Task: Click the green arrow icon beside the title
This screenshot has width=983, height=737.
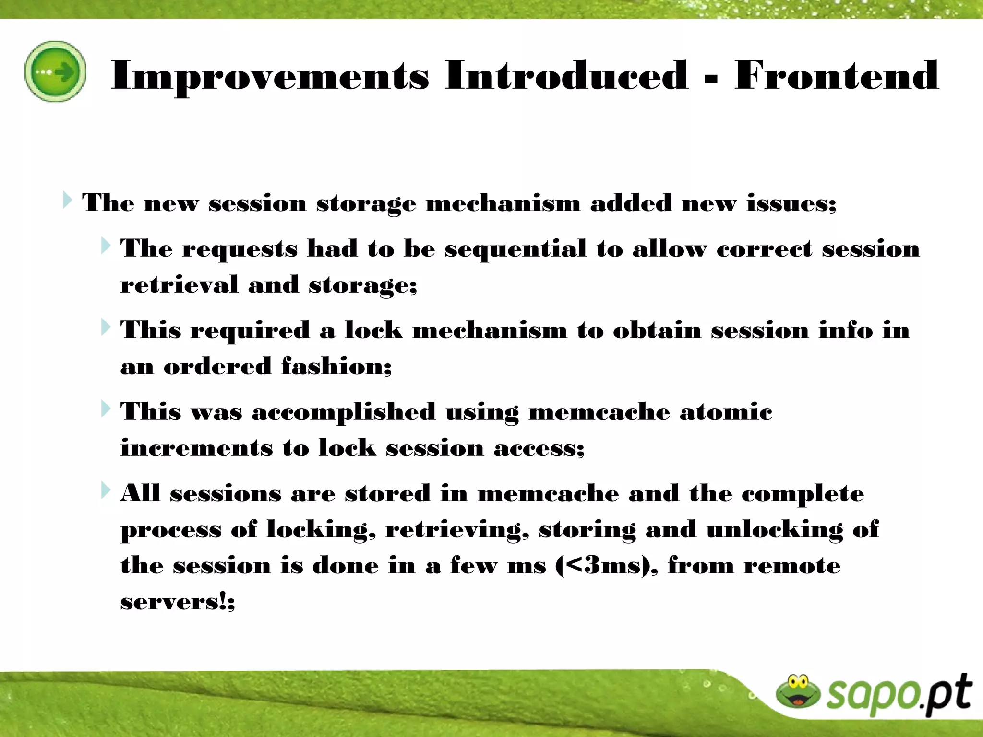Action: (56, 71)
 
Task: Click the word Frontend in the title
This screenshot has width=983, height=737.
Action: (836, 75)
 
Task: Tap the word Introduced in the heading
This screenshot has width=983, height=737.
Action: (566, 75)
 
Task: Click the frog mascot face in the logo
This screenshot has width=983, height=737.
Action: (798, 691)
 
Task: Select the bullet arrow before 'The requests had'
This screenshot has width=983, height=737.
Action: (106, 246)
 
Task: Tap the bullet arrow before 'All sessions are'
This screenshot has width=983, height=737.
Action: (106, 490)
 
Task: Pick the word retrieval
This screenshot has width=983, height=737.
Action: (179, 285)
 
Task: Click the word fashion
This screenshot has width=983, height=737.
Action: (336, 366)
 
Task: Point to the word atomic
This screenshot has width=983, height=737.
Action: (726, 412)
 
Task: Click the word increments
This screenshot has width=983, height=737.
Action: (196, 448)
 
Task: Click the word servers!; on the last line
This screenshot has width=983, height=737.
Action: (178, 601)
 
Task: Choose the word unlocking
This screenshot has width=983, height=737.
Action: (774, 530)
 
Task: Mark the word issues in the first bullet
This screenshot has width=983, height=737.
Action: (791, 203)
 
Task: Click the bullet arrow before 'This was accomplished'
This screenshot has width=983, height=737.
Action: (106, 409)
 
